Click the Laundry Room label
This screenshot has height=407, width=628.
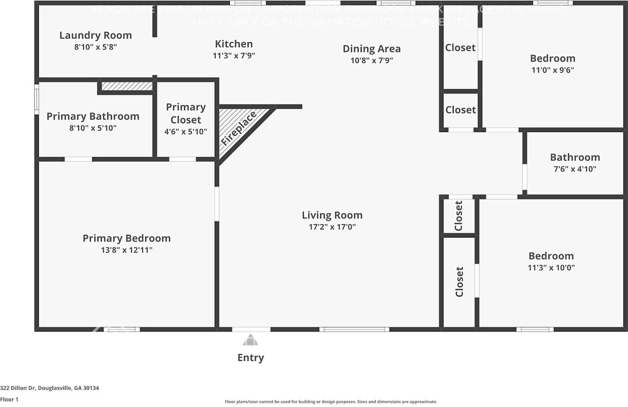tap(96, 35)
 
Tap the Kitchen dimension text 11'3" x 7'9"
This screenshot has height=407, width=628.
tap(234, 56)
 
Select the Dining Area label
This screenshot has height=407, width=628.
tap(371, 49)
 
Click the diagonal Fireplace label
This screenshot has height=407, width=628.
tap(238, 128)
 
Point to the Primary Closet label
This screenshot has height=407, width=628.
tap(185, 113)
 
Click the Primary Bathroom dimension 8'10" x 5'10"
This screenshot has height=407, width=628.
tap(93, 128)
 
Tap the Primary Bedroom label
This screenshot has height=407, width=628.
tap(127, 238)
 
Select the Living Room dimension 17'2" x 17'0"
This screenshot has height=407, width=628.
tap(332, 227)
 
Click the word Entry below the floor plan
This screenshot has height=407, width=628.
tap(250, 358)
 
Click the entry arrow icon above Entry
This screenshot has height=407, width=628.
tap(250, 340)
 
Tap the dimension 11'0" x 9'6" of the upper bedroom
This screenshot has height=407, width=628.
tap(552, 70)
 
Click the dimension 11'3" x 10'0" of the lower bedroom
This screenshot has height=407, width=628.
tap(551, 268)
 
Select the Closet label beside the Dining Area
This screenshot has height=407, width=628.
tap(460, 48)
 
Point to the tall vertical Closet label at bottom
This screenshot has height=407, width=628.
tap(459, 282)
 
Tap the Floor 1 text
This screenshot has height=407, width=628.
tap(9, 400)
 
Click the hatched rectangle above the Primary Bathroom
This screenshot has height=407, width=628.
tap(127, 86)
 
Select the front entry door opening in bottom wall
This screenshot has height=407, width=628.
tap(251, 329)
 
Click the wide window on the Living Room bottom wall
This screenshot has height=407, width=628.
tap(354, 329)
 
